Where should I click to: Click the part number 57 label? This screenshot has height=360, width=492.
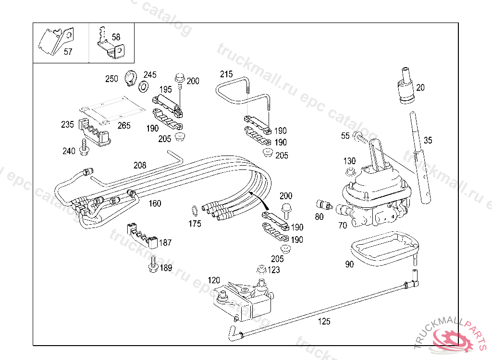click(68, 52)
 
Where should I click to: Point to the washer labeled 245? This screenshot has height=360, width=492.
click(143, 86)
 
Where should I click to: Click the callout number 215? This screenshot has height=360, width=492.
click(226, 74)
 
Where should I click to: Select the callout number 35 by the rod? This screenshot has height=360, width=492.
click(428, 141)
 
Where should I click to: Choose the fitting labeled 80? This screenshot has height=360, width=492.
click(324, 205)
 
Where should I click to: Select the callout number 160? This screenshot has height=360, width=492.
click(155, 204)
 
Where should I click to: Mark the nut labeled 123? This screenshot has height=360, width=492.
click(261, 270)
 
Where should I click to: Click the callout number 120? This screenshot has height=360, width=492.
click(214, 280)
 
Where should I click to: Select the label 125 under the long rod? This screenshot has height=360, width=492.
click(325, 322)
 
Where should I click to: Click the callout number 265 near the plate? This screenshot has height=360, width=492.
click(124, 126)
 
